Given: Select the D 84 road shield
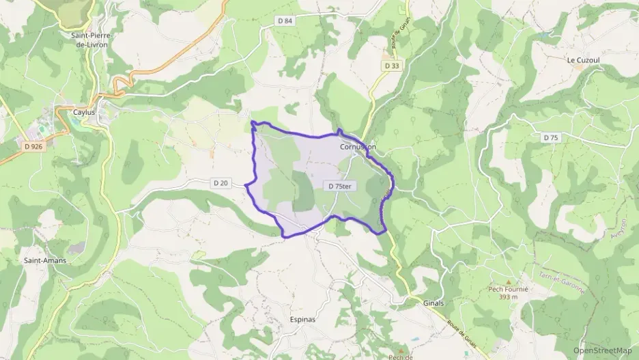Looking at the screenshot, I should [x=285, y=21].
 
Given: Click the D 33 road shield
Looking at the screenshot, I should [x=391, y=66].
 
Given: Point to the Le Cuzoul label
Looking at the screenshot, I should [x=582, y=59].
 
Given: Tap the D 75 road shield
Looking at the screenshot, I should [x=551, y=138].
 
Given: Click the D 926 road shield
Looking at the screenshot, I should [x=33, y=146].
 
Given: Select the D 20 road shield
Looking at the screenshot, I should [x=220, y=183].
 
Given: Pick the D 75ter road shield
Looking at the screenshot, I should [x=339, y=186].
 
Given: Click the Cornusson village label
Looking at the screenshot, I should [x=357, y=147].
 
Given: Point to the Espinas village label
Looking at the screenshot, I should [x=302, y=319].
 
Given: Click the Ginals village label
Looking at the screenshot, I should [x=434, y=303].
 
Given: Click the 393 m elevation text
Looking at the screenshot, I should [x=509, y=296].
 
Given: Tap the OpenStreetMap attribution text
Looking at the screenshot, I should [x=601, y=350].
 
